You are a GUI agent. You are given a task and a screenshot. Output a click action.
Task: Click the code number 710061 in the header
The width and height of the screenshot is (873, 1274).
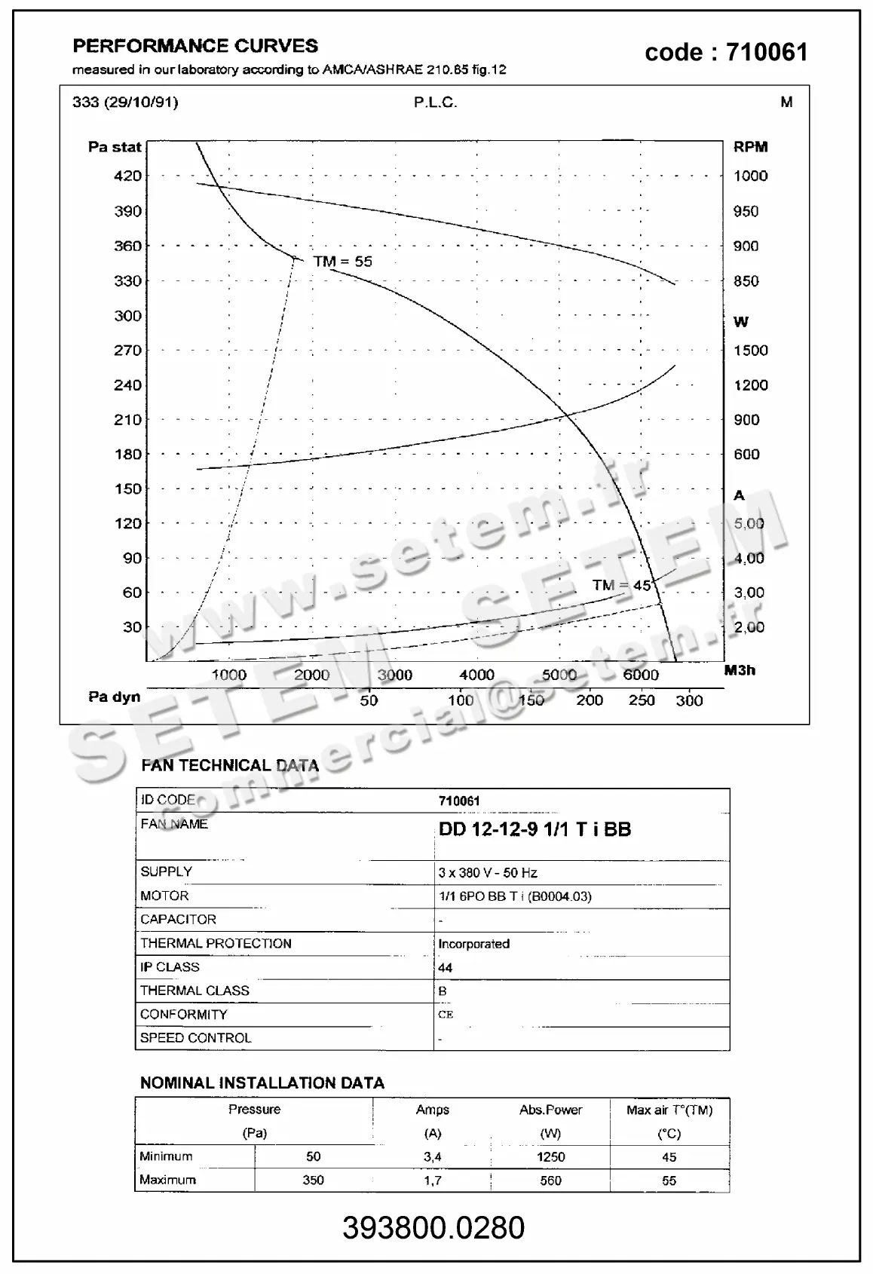pyautogui.click(x=767, y=52)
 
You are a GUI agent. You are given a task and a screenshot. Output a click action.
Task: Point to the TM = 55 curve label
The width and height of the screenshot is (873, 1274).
pyautogui.click(x=342, y=262)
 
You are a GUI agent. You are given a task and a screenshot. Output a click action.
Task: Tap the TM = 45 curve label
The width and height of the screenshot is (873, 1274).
pyautogui.click(x=621, y=585)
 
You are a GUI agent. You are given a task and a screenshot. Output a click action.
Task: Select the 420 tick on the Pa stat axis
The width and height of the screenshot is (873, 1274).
pyautogui.click(x=127, y=176)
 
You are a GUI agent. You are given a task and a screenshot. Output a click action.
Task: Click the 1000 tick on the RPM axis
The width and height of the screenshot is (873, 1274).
pyautogui.click(x=750, y=176)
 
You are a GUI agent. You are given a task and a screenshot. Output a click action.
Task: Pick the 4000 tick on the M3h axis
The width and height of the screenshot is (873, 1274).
pyautogui.click(x=476, y=675)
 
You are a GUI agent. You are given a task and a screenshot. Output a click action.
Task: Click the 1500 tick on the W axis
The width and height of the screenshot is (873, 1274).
pyautogui.click(x=750, y=350)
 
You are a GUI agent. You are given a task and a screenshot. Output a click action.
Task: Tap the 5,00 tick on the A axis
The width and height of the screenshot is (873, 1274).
pyautogui.click(x=749, y=523)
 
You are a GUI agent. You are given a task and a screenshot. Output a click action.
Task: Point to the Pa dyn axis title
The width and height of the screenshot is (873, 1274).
pyautogui.click(x=115, y=697)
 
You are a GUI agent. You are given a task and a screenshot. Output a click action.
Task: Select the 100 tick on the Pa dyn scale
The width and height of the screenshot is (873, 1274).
pyautogui.click(x=461, y=700)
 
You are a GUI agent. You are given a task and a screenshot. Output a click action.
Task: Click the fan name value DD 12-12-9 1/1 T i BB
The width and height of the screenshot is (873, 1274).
pyautogui.click(x=535, y=829)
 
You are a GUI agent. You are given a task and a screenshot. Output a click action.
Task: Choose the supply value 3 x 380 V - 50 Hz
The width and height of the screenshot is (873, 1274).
pyautogui.click(x=488, y=872)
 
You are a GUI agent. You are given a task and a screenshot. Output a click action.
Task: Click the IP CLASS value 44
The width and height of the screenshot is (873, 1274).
pyautogui.click(x=445, y=967)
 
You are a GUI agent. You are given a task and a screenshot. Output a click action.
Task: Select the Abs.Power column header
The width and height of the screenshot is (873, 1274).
pyautogui.click(x=550, y=1110)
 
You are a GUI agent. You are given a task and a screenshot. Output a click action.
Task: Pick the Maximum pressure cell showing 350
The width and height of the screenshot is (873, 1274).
pyautogui.click(x=313, y=1180)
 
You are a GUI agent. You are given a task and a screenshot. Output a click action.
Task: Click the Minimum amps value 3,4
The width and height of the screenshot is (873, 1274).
pyautogui.click(x=432, y=1156)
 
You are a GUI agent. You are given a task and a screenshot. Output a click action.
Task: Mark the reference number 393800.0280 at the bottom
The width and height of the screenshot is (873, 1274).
pyautogui.click(x=433, y=1228)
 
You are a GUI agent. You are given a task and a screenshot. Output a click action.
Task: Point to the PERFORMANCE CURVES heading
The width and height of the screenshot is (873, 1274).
pyautogui.click(x=195, y=46)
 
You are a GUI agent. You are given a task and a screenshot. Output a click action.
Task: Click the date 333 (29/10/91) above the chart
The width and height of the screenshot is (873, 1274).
pyautogui.click(x=125, y=102)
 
